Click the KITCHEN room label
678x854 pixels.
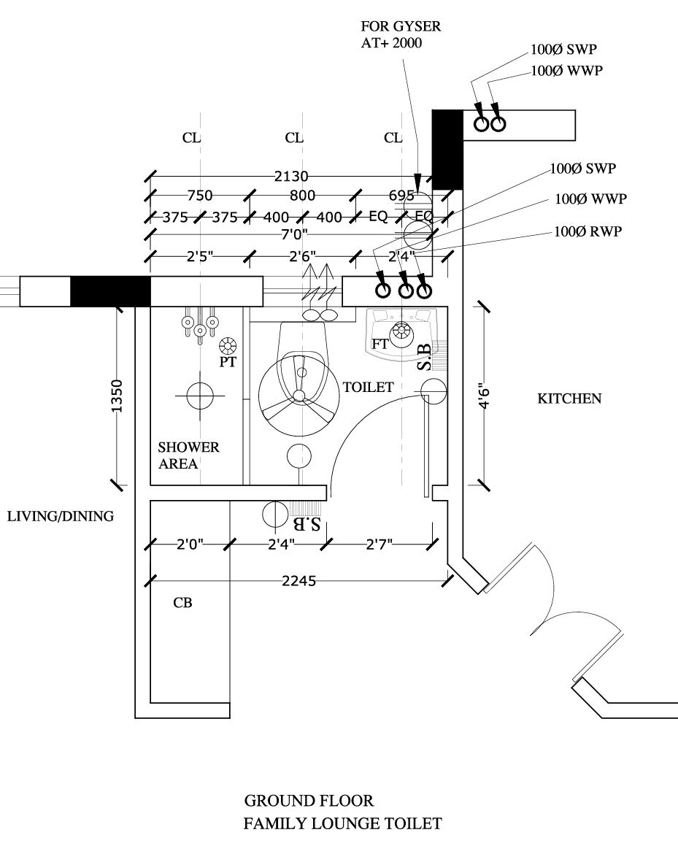(x=569, y=399)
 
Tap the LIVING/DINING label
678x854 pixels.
(x=61, y=517)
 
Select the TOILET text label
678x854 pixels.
(x=369, y=387)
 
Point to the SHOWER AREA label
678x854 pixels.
(x=188, y=455)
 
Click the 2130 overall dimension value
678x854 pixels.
(x=291, y=176)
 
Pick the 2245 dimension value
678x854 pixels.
(x=298, y=581)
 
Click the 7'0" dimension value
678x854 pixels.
(x=294, y=234)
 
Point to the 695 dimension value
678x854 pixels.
(x=401, y=196)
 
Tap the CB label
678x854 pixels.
(x=182, y=604)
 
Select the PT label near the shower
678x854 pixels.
(x=228, y=361)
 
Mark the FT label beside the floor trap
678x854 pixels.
(x=380, y=344)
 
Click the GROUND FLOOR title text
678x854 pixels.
(x=309, y=801)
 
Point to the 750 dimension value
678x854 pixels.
(x=199, y=196)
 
